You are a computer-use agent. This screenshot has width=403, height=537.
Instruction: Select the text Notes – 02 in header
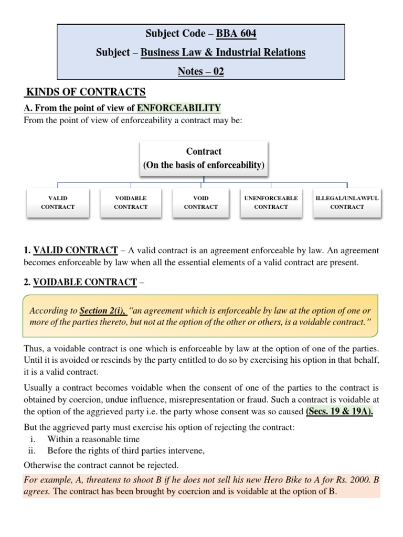(201, 71)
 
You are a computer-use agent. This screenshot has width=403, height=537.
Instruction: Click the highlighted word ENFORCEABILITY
(178, 108)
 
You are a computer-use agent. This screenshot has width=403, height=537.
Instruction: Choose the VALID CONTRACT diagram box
(58, 202)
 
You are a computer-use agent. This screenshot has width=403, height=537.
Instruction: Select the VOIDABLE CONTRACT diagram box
(131, 202)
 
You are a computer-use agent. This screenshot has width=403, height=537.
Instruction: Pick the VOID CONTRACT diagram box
(201, 202)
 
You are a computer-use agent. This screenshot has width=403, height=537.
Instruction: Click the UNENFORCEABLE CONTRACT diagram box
(271, 202)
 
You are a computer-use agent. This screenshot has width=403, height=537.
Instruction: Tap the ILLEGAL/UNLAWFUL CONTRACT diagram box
(347, 202)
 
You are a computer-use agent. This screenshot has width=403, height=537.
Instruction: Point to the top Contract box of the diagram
(204, 158)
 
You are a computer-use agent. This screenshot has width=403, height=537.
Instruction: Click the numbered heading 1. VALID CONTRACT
(71, 251)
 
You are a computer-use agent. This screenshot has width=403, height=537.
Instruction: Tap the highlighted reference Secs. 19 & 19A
(340, 411)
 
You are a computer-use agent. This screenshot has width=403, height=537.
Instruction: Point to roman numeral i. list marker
(33, 439)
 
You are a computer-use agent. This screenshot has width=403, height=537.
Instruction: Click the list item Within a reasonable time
(93, 439)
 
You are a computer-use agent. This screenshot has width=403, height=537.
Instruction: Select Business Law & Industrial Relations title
(223, 52)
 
